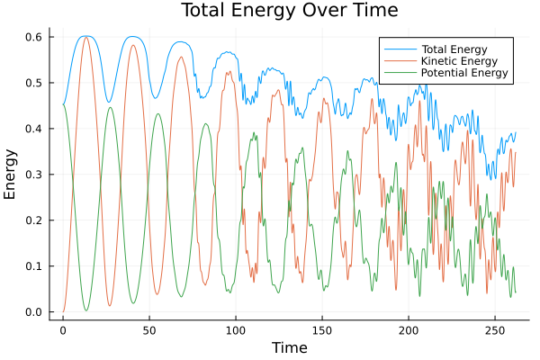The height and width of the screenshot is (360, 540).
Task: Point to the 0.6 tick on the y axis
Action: pos(34,37)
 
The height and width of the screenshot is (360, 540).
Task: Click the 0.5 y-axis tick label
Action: pos(34,83)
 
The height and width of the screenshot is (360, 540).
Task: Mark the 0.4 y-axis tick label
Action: pos(34,129)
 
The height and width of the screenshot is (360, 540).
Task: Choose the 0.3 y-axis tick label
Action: pos(34,175)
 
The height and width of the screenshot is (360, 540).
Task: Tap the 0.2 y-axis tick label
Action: pos(34,220)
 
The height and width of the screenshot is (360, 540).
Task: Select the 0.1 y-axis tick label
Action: pos(34,266)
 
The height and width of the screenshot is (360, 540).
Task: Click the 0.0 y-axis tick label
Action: pos(34,312)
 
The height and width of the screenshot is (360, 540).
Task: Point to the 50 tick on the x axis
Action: pos(149,329)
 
